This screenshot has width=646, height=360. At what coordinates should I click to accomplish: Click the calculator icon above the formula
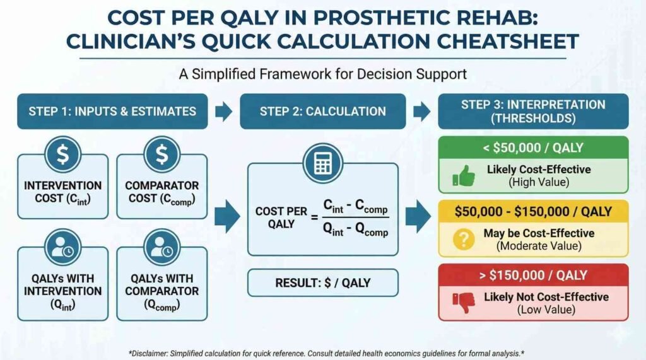point(323,163)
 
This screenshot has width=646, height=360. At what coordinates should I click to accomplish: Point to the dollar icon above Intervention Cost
point(62,154)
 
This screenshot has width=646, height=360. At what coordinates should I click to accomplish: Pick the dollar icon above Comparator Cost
point(162,154)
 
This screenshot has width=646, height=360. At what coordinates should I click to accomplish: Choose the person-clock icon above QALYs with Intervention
point(62,247)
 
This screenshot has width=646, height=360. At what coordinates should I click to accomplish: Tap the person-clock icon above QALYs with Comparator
point(162,247)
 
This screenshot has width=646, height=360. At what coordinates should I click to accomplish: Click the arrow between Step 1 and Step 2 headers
point(223,112)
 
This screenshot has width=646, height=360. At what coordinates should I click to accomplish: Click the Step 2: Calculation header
point(323,112)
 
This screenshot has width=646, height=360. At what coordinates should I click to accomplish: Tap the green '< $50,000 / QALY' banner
point(534,148)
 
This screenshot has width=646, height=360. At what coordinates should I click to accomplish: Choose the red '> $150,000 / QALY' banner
point(534,276)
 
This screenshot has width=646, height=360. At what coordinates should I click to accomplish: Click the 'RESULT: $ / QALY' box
point(323,283)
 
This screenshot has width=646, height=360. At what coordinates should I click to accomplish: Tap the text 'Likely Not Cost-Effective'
point(546,296)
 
